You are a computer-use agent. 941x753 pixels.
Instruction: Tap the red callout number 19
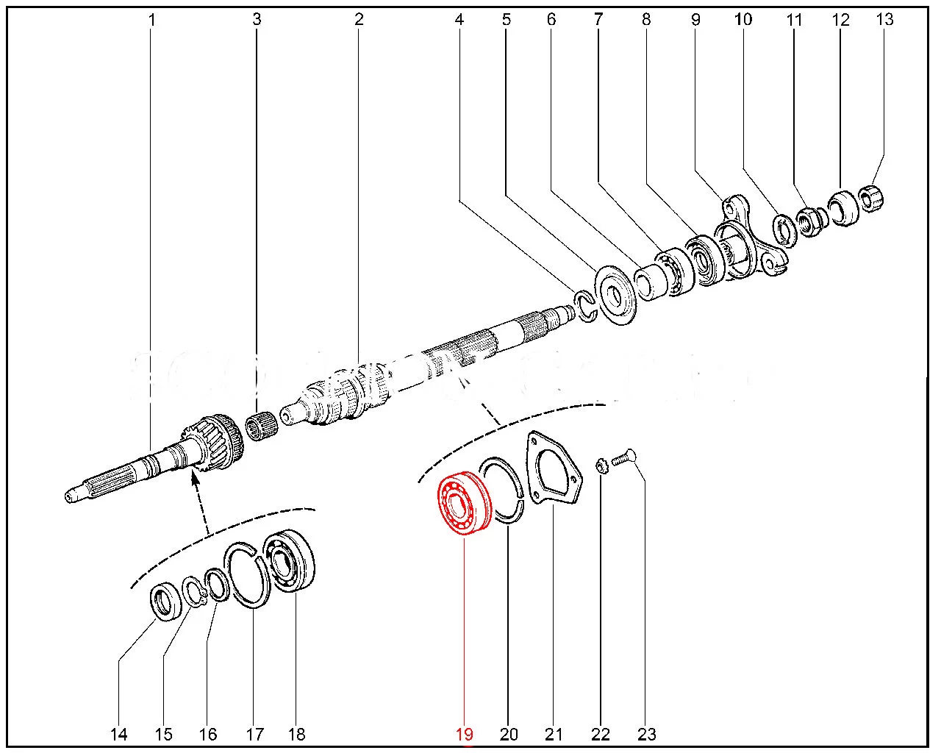[x=464, y=734]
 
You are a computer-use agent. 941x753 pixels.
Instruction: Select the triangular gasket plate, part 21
[x=553, y=471]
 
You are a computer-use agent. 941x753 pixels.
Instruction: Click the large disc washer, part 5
[x=615, y=295]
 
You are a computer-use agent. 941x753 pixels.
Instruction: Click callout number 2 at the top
[x=359, y=19]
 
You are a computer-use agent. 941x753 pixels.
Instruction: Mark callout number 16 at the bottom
[x=208, y=734]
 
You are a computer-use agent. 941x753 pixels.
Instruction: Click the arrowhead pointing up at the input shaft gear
[x=195, y=480]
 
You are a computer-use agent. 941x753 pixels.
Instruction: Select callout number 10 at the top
[x=743, y=19]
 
